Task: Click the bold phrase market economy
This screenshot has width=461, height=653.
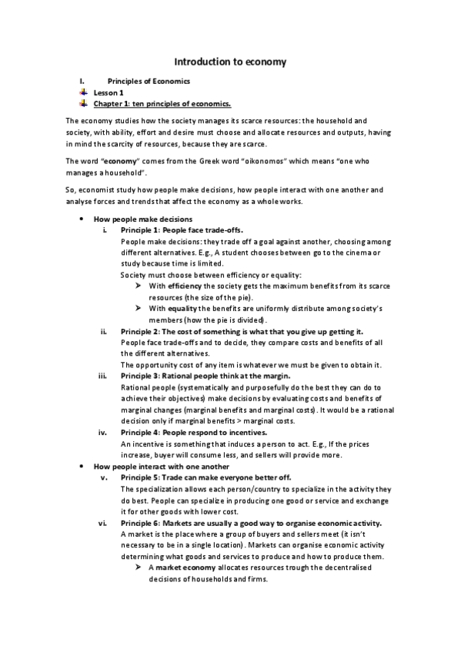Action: click(185, 568)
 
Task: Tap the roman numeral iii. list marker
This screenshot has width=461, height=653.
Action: click(105, 376)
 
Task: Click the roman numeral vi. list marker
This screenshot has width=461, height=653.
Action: click(104, 523)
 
